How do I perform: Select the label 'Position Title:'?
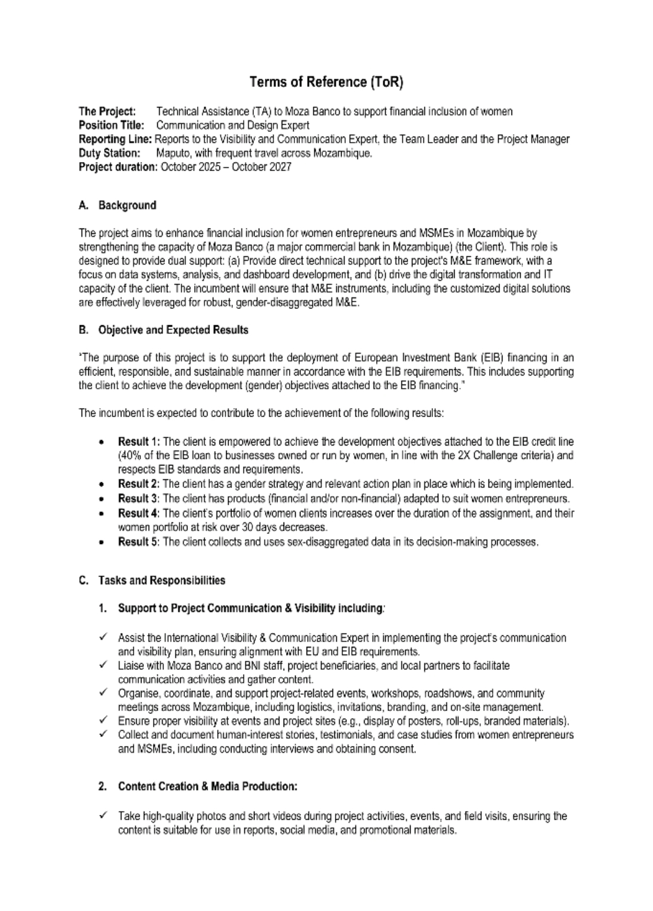(111, 126)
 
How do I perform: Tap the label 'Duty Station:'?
(109, 154)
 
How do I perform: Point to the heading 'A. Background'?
(117, 206)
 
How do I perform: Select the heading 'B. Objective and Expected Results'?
(163, 330)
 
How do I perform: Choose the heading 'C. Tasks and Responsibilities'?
(152, 580)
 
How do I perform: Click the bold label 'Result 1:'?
(139, 442)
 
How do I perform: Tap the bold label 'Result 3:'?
(139, 499)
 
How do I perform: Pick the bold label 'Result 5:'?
(139, 542)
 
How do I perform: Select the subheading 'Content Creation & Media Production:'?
(207, 786)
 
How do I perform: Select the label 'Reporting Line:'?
(115, 140)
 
